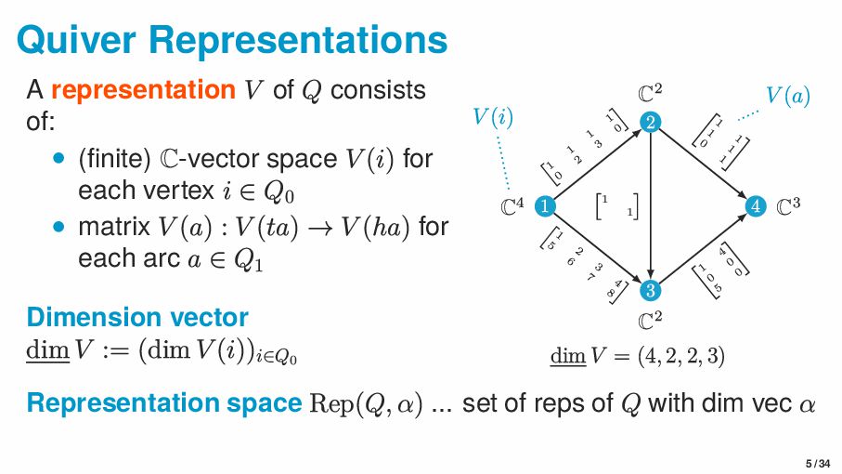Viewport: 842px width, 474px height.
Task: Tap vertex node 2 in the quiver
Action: pos(652,123)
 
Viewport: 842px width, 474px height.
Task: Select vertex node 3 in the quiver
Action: pos(652,291)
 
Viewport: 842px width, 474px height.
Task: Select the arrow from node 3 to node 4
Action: pos(705,249)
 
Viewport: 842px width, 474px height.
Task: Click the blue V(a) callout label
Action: pos(788,95)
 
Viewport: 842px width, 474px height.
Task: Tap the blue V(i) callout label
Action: pos(493,118)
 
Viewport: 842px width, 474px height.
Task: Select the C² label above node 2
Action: pos(652,93)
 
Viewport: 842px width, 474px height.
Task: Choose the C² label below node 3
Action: pos(652,322)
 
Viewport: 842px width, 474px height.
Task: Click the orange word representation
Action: pos(143,91)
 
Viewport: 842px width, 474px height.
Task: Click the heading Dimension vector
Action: pos(136,317)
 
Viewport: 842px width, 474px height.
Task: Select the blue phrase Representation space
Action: pos(163,403)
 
